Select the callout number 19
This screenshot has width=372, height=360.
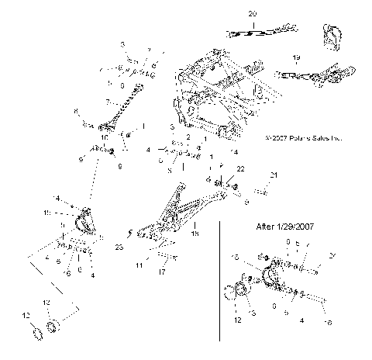[296, 58]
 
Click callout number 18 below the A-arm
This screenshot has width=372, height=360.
[195, 233]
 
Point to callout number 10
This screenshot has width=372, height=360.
[105, 137]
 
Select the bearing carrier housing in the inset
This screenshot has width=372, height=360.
[275, 279]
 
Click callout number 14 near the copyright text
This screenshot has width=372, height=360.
[235, 152]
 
